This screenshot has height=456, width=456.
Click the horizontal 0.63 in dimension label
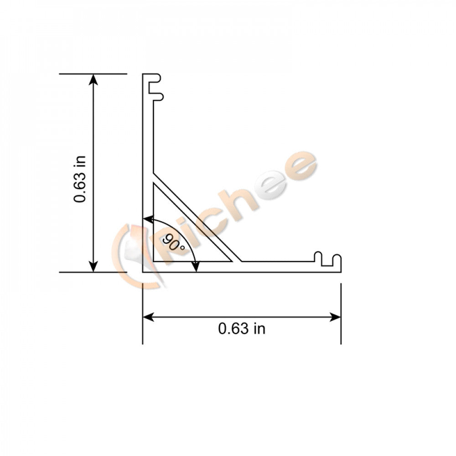242,328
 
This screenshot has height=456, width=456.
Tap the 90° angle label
175,242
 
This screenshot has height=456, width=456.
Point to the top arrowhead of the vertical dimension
93,79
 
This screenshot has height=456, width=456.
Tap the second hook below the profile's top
158,96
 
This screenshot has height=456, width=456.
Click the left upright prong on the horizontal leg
318,258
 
